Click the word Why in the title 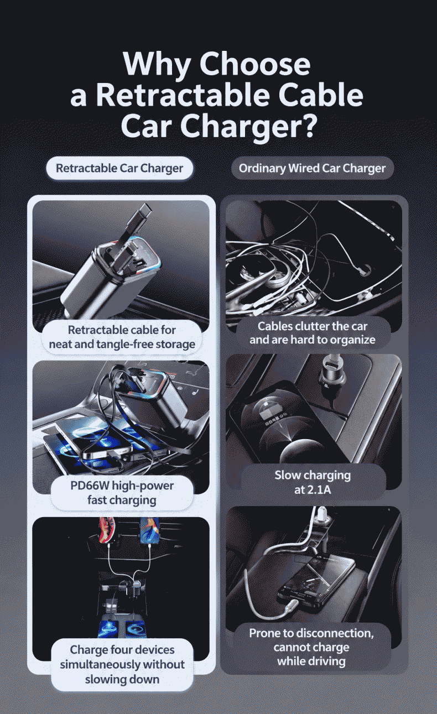click(156, 64)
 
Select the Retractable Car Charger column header click(119, 168)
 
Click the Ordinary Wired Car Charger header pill click(312, 168)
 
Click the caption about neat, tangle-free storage click(122, 337)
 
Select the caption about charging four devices click(122, 665)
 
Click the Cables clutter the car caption click(312, 332)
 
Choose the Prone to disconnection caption click(311, 647)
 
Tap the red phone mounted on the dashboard click(107, 529)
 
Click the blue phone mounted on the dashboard click(148, 529)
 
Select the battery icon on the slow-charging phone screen click(269, 414)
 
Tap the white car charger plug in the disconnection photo click(321, 517)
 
